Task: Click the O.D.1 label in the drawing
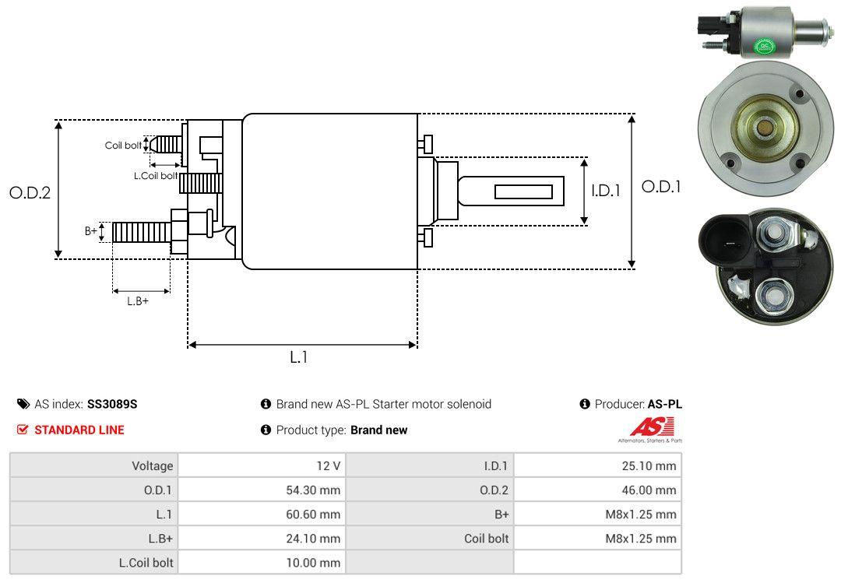661,187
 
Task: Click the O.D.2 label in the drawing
30,192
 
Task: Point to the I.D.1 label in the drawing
605,189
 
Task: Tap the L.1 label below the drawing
299,357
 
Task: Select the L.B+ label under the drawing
137,300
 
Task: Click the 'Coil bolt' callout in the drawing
123,146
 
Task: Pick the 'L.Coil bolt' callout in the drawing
155,176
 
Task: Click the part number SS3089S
111,404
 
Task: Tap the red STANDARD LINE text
79,430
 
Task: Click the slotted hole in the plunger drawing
523,191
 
